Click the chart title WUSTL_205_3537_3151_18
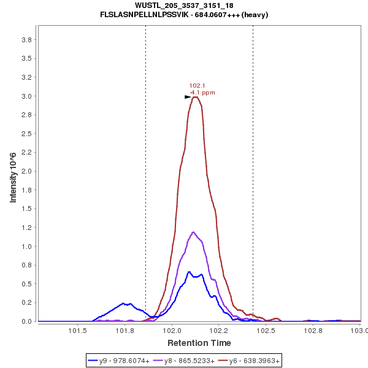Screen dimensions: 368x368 [x=184, y=6]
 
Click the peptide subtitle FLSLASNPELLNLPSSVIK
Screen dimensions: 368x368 [x=184, y=14]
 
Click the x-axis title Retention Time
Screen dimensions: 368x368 [x=199, y=343]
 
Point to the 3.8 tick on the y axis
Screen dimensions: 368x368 [x=27, y=40]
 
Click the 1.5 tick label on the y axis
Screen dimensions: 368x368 [x=27, y=209]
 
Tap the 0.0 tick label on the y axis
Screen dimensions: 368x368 [x=27, y=321]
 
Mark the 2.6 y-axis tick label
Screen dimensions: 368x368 [x=27, y=134]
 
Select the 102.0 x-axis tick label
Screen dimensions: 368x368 [x=172, y=331]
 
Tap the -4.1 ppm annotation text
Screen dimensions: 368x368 [x=202, y=93]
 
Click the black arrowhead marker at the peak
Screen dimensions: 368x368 [x=188, y=97]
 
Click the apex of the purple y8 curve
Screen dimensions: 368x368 [x=194, y=232]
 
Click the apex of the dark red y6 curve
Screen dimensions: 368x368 [x=195, y=97]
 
